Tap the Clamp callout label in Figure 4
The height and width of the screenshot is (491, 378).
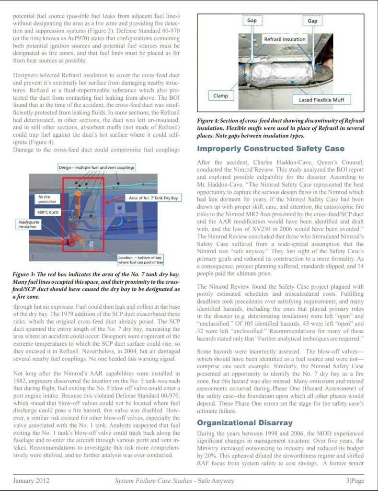[x=220, y=95]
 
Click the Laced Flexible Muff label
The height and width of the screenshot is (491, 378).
[x=321, y=100]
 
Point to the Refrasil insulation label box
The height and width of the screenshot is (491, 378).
[x=285, y=39]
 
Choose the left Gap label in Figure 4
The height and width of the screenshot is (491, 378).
[x=252, y=21]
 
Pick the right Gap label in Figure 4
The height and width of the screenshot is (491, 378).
[x=312, y=21]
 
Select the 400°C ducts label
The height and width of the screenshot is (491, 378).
[x=46, y=211]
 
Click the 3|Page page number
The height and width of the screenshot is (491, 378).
[x=355, y=480]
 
